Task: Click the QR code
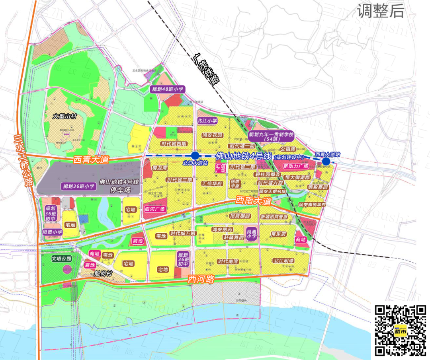[x=401, y=330]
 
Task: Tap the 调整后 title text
[x=380, y=11]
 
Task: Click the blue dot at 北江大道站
[x=195, y=156]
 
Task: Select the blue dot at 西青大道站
[x=326, y=161]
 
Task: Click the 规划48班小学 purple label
[x=168, y=90]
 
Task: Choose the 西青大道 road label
[x=91, y=160]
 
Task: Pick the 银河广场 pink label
[x=155, y=209]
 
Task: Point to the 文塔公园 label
[x=61, y=259]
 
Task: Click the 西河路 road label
[x=201, y=280]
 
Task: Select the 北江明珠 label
[x=283, y=261]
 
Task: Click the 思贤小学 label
[x=53, y=232]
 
